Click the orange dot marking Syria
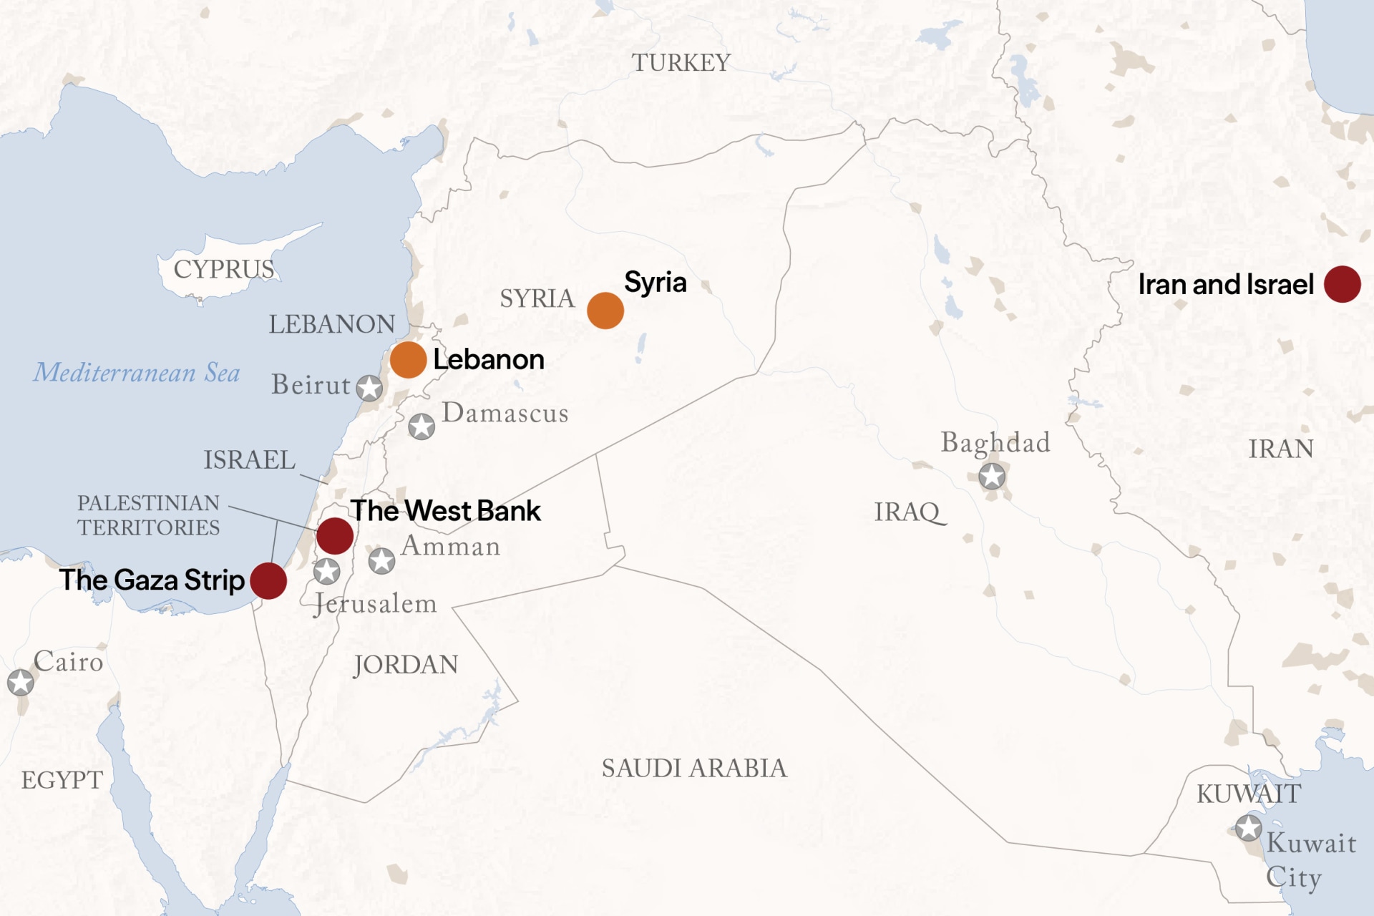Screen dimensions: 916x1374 tap(605, 311)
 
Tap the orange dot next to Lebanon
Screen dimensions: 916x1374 tap(408, 359)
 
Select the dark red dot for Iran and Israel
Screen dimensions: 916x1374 tap(1342, 284)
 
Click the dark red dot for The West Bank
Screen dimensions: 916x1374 tap(335, 535)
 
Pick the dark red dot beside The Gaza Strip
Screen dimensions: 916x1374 tap(268, 580)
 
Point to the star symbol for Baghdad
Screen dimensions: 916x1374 tap(992, 476)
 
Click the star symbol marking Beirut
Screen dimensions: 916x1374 tap(369, 388)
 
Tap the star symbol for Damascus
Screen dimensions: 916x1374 tap(422, 427)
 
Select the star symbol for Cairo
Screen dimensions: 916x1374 tap(21, 682)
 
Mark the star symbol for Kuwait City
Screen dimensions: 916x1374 tap(1249, 828)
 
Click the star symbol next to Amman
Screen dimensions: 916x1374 tap(381, 560)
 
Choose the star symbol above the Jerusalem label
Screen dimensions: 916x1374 tap(327, 571)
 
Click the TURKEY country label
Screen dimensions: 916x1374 tap(681, 63)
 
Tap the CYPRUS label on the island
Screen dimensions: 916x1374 tap(224, 270)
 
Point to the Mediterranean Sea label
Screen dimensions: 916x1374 tap(137, 373)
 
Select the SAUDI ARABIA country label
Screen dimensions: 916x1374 tap(694, 769)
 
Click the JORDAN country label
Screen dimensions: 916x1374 tap(406, 665)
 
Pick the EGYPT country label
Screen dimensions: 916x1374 tap(62, 780)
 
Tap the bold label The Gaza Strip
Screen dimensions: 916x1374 tap(152, 580)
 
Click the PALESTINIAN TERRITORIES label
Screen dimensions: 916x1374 tap(148, 515)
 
